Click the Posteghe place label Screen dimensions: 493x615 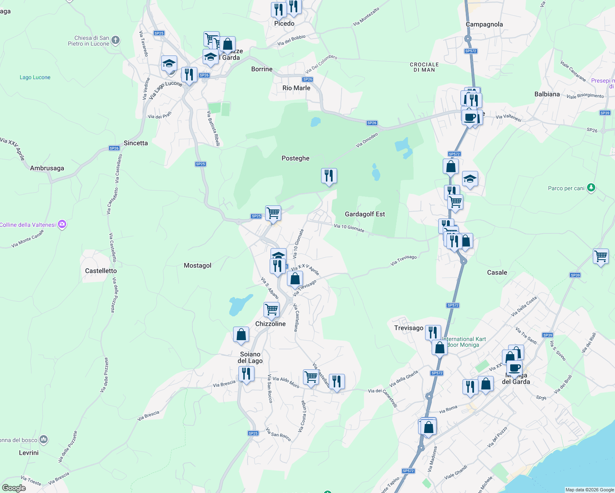[295, 158]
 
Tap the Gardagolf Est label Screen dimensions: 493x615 [365, 214]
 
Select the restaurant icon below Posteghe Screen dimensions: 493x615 [329, 176]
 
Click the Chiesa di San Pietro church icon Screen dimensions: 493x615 [116, 40]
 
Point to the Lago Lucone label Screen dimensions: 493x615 [35, 77]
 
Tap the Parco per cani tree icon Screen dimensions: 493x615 [591, 188]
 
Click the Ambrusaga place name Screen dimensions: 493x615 [47, 168]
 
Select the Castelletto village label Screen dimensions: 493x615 [101, 271]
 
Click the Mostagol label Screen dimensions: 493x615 [197, 265]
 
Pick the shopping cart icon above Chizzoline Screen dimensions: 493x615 [271, 309]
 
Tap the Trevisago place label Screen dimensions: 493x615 [409, 328]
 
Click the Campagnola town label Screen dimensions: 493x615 [484, 24]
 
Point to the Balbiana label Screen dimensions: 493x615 [547, 94]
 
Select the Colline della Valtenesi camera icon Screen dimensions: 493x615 [62, 224]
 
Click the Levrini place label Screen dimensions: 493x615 [29, 453]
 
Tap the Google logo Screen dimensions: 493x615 [14, 488]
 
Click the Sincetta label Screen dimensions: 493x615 [136, 143]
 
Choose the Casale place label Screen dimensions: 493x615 [497, 272]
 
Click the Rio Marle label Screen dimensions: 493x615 [296, 88]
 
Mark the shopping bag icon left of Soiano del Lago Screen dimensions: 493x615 [241, 334]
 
